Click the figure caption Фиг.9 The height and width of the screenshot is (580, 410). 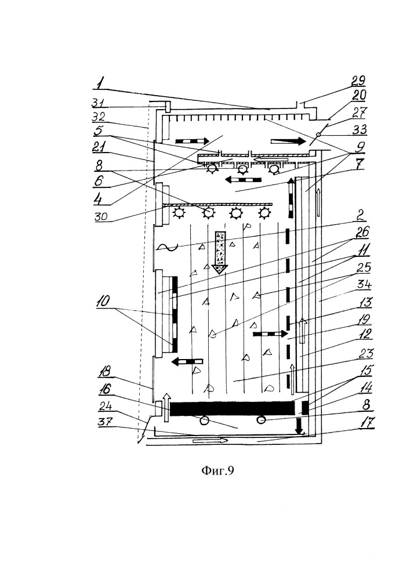(217, 471)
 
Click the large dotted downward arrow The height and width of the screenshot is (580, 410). (219, 252)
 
